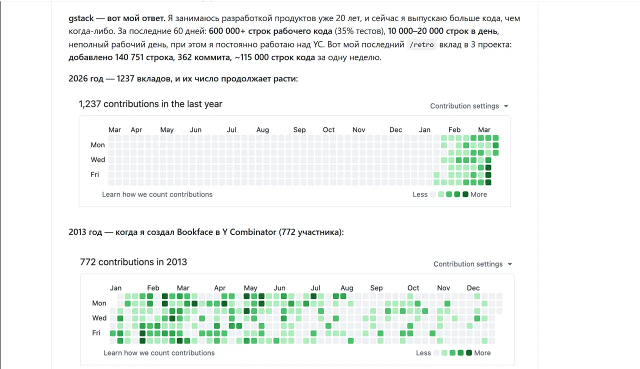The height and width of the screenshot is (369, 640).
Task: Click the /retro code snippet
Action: point(421,45)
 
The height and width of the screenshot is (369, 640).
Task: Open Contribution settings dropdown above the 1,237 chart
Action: point(469,106)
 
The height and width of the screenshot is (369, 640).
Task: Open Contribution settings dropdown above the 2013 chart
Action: point(472,264)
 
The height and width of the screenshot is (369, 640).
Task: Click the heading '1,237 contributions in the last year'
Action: point(150,104)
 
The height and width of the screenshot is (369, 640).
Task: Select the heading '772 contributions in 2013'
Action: point(133,262)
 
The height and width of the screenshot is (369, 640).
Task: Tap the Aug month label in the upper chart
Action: point(262,130)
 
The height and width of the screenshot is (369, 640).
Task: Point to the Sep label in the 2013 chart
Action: point(376,288)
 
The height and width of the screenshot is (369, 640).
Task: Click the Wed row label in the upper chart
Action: point(97,159)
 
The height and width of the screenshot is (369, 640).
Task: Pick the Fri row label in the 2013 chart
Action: point(96,332)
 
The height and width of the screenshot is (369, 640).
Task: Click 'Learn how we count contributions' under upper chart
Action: point(157,194)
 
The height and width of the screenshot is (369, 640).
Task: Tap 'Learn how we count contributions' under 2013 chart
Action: point(159,353)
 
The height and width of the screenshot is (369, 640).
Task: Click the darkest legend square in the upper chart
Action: point(465,194)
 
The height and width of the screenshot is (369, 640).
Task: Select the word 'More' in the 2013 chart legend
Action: point(482,353)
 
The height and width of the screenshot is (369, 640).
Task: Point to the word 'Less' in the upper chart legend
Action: point(420,194)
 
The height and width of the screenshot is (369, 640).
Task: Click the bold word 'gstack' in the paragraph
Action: point(81,18)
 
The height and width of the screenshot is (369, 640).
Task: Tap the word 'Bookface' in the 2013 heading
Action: point(195,232)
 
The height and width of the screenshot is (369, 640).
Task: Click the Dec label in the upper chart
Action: point(395,130)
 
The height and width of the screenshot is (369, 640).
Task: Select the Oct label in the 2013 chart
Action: point(413,288)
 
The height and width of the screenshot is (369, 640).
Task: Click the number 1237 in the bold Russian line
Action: point(125,78)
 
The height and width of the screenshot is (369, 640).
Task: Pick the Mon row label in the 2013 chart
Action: point(99,303)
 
